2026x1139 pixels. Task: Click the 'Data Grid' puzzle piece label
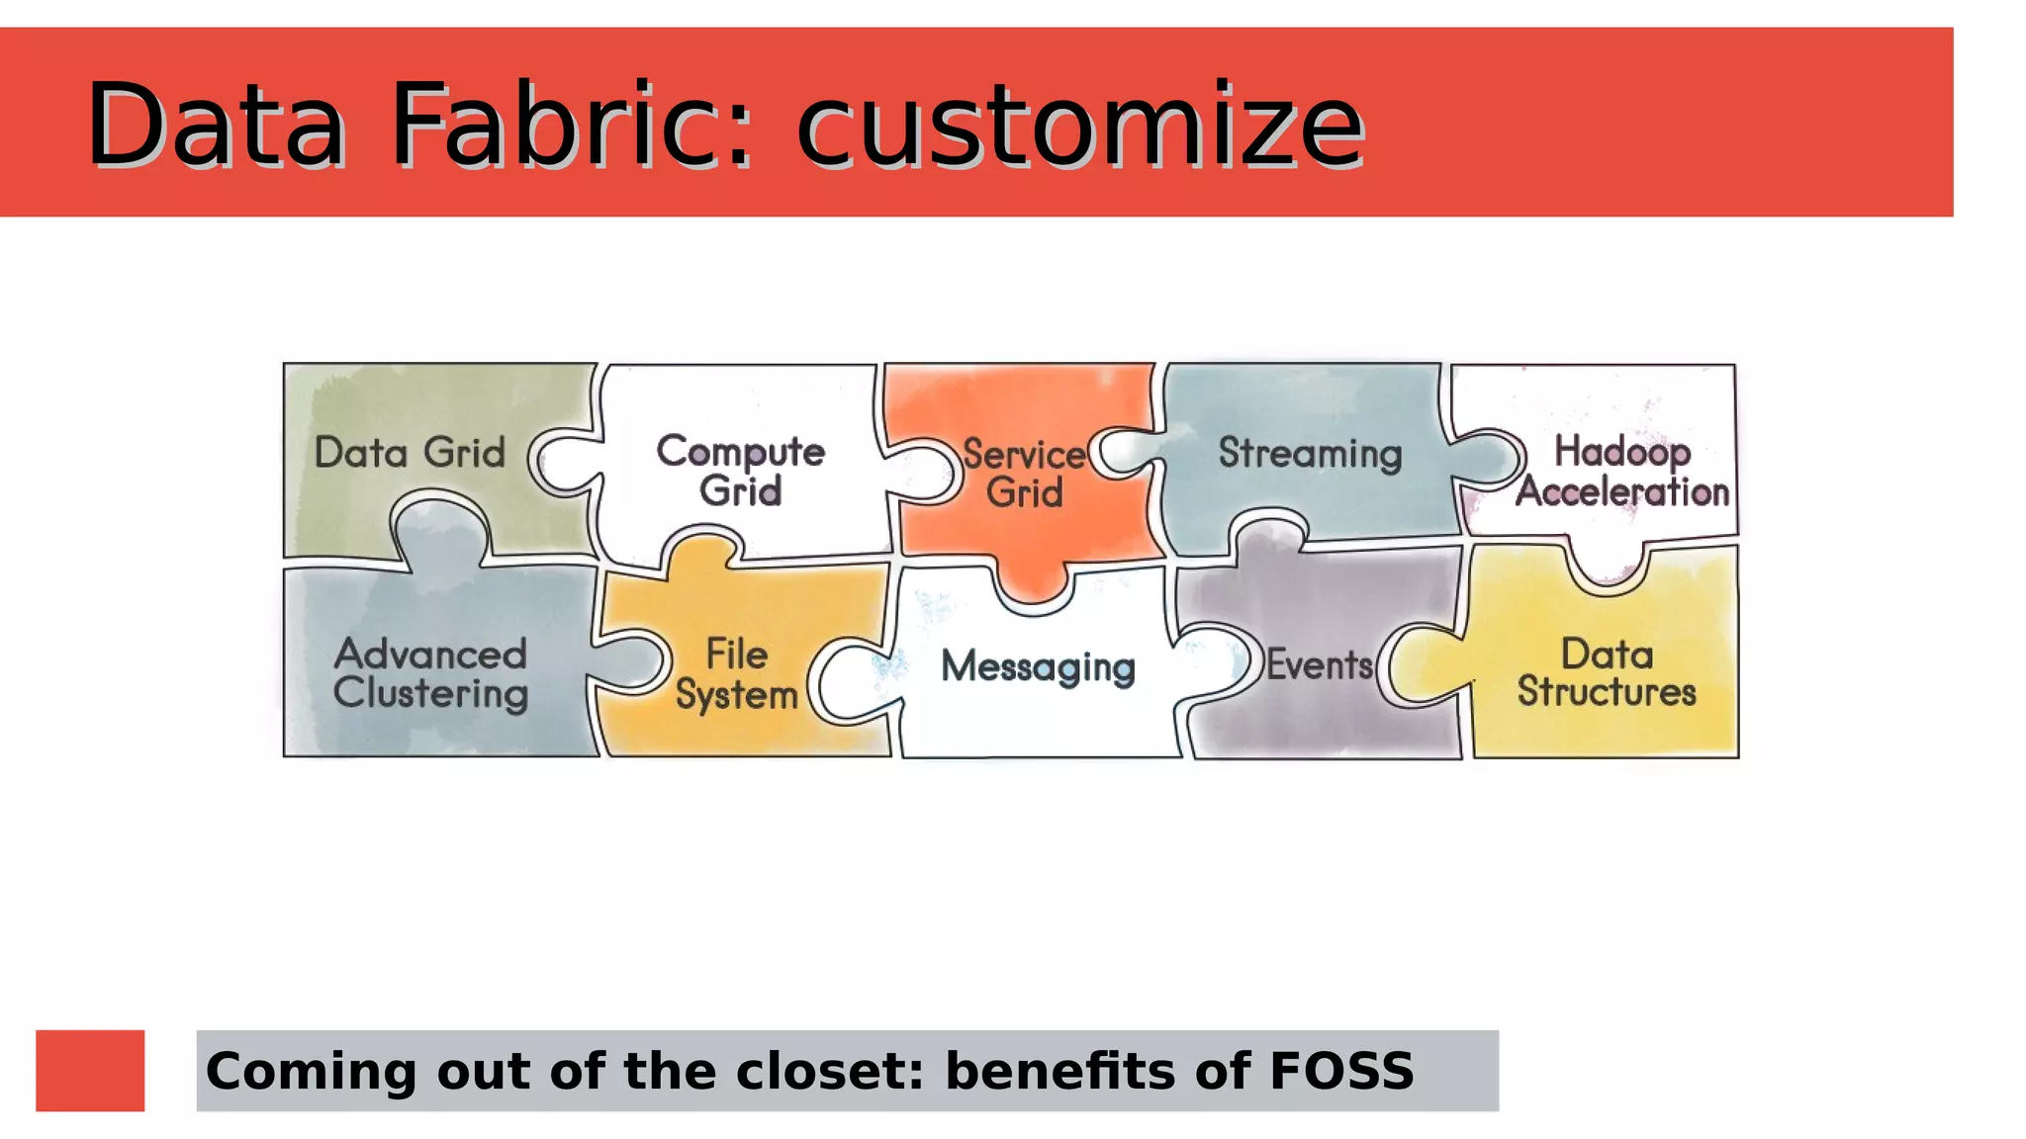(410, 453)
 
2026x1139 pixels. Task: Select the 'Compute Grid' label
(740, 471)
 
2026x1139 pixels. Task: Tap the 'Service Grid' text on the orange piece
(1024, 474)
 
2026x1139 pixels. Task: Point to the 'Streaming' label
(1310, 454)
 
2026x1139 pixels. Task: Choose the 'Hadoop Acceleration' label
(1622, 472)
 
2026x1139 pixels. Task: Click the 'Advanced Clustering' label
(430, 673)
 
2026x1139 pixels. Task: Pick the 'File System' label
(737, 673)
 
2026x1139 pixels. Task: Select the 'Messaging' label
(1038, 666)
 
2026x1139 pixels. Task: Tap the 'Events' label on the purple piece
(1320, 665)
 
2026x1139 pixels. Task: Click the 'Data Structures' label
(1607, 673)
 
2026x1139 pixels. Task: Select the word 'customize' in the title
(1079, 127)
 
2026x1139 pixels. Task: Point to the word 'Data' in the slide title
(216, 125)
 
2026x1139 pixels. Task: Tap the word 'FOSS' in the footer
(1341, 1071)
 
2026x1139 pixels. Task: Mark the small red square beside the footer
(90, 1071)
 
